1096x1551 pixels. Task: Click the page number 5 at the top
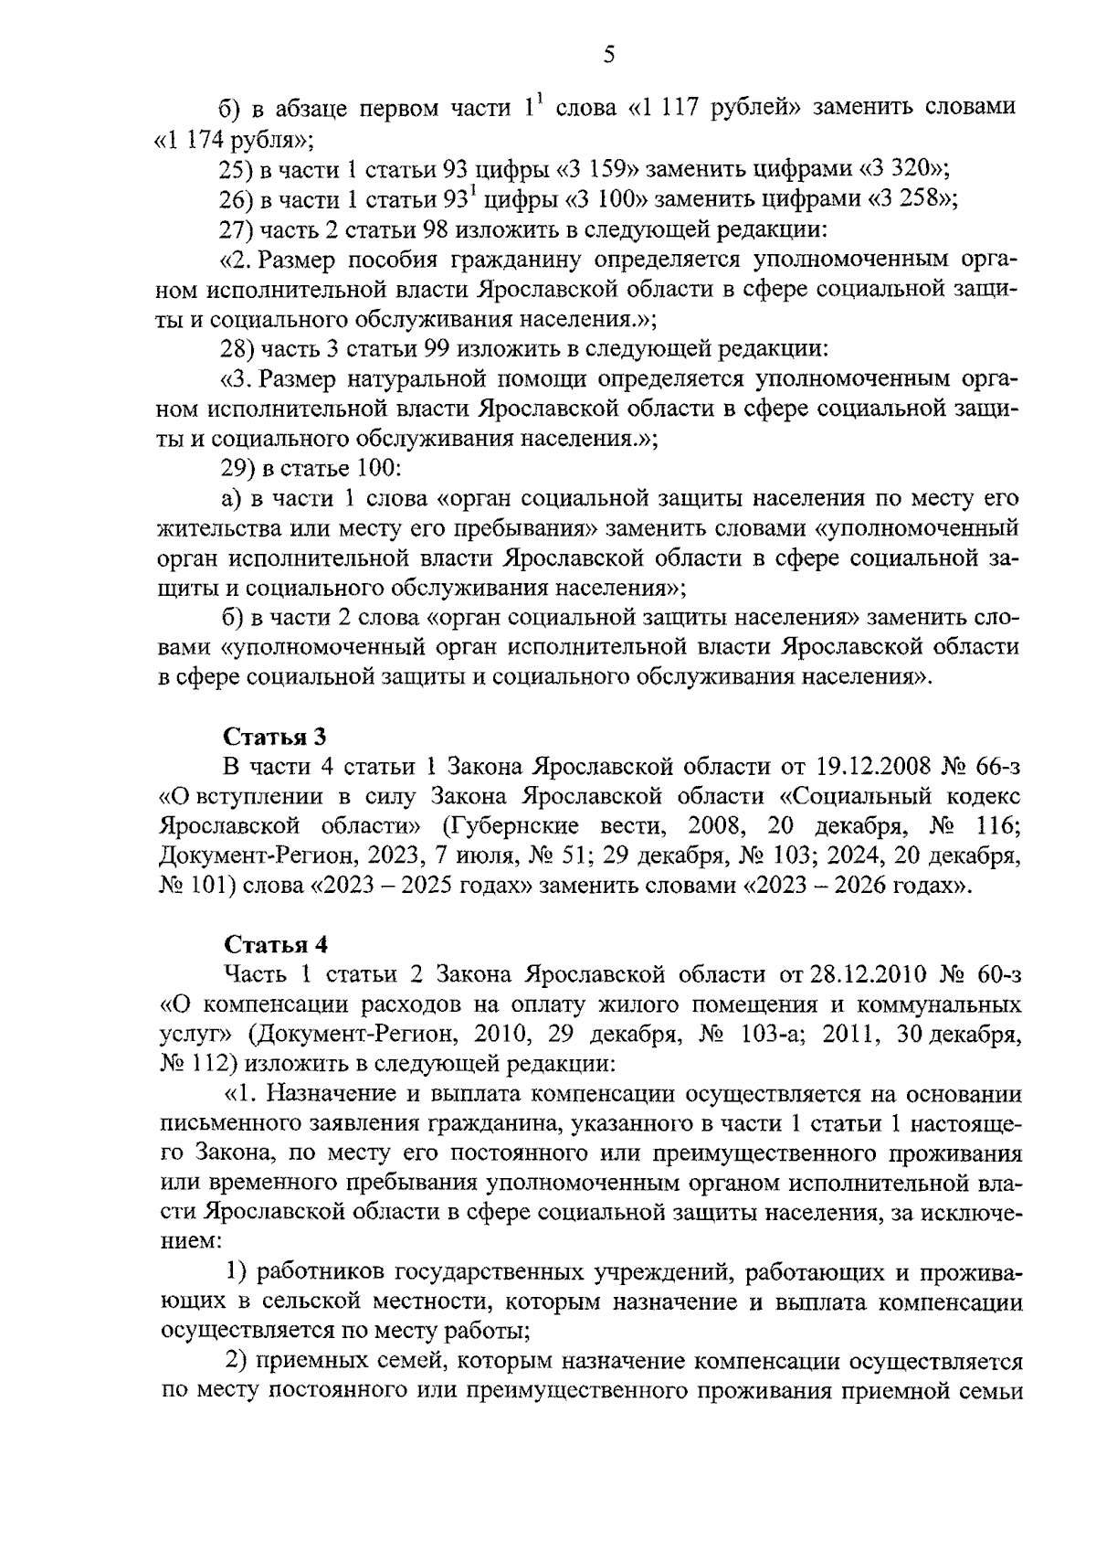(610, 56)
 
